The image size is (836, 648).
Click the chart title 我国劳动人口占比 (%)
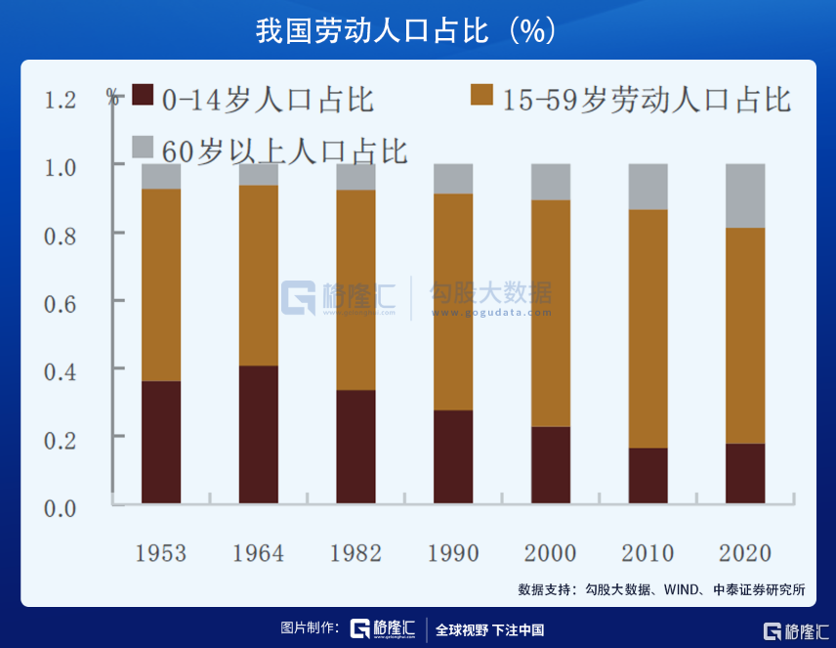click(x=405, y=29)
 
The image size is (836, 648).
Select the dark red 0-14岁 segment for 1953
click(x=161, y=442)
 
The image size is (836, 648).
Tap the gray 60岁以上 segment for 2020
click(x=745, y=195)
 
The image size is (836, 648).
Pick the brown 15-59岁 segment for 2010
click(x=648, y=328)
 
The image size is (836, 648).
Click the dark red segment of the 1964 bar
click(x=259, y=434)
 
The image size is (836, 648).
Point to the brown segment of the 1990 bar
click(x=453, y=301)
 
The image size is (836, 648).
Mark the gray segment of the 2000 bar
click(x=551, y=182)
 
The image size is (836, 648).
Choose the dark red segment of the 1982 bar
click(x=355, y=447)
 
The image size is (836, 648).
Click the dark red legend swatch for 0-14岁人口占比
click(x=143, y=95)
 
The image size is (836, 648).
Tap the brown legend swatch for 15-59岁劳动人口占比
click(x=481, y=95)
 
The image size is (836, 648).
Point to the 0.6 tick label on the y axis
click(x=61, y=302)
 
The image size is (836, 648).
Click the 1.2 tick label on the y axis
click(x=61, y=100)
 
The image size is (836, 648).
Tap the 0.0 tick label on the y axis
click(x=61, y=506)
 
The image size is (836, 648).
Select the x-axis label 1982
click(x=355, y=553)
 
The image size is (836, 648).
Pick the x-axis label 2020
click(x=745, y=553)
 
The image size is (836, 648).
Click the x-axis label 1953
click(x=161, y=553)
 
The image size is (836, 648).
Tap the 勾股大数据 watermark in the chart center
click(x=491, y=293)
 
